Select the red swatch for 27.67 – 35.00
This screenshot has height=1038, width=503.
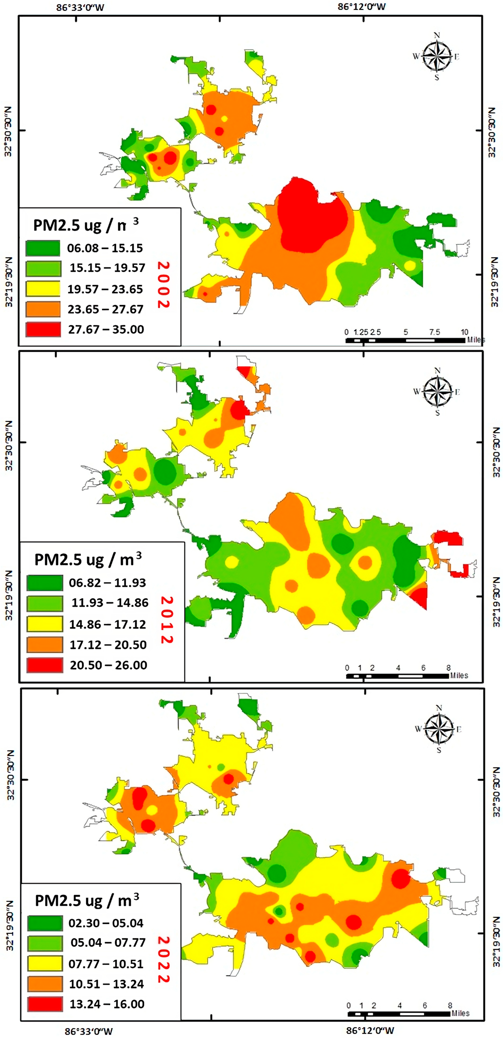click(43, 329)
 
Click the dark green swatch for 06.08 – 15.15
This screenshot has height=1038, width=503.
click(43, 248)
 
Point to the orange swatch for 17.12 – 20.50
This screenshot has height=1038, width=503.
click(45, 644)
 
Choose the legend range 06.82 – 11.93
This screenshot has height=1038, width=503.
click(107, 583)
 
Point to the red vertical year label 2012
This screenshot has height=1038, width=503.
click(167, 620)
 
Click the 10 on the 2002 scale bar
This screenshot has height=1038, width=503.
click(464, 332)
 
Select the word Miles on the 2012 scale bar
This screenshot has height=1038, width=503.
click(459, 675)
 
